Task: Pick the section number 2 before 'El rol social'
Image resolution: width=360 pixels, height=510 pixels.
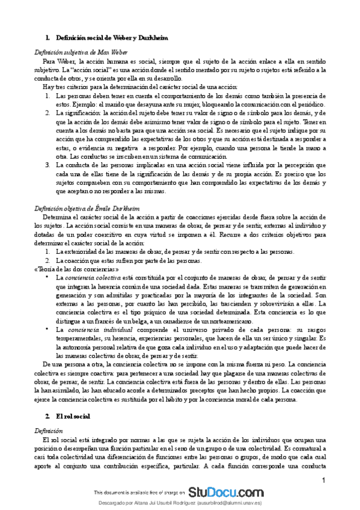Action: (x=47, y=399)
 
